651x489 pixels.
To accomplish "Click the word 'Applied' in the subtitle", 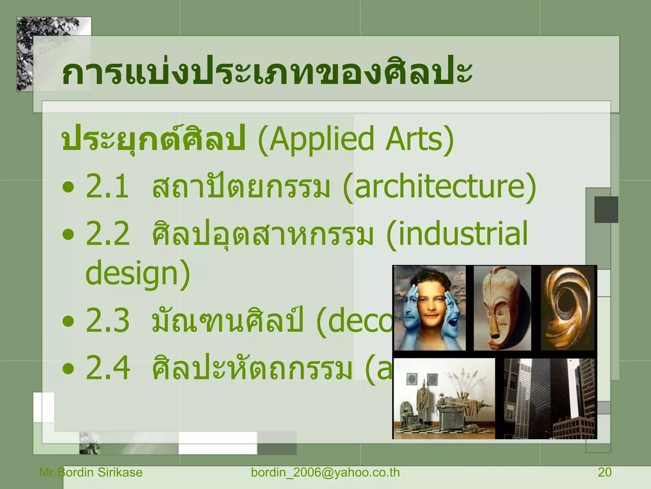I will coord(321,139).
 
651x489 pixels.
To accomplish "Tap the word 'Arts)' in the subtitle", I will coord(420,139).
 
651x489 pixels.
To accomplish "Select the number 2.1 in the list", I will coord(107,187).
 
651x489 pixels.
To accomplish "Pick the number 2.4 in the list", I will coord(108,369).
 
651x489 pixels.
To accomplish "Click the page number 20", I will coord(605,472).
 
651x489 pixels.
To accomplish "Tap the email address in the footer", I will coord(325,472).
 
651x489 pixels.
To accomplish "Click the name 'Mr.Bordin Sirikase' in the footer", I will coord(91,472).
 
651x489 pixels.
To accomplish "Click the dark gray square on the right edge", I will coord(606,209).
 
